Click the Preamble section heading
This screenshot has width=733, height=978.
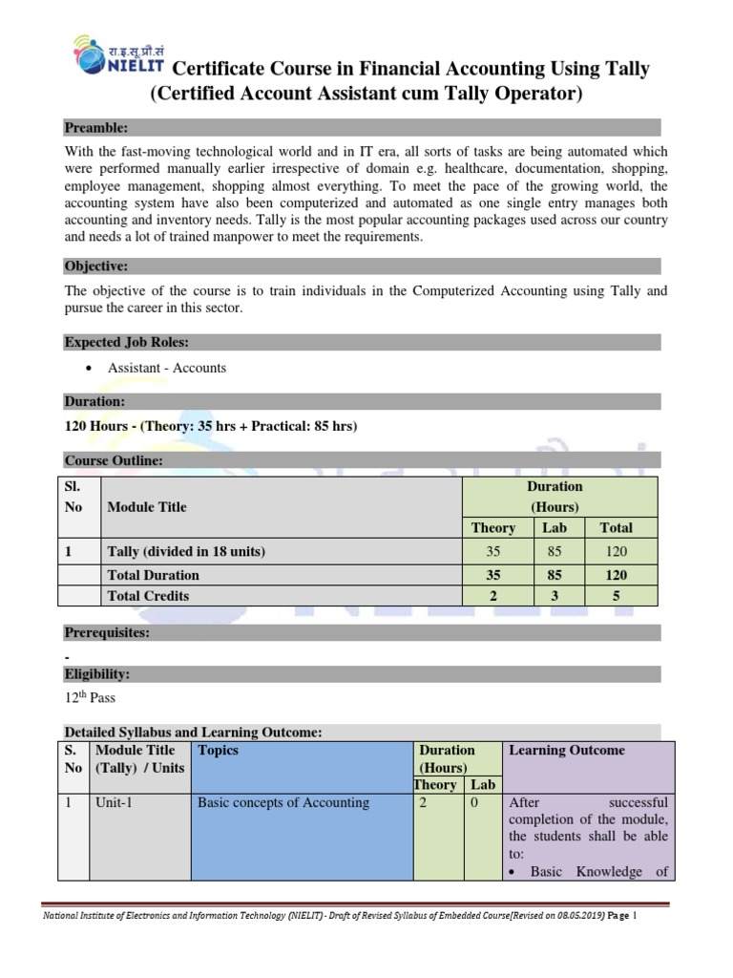95,127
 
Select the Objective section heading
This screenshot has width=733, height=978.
95,266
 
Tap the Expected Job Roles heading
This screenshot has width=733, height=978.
126,342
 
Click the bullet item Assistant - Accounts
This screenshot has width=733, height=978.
167,368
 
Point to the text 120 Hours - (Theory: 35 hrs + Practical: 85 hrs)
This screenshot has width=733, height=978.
210,426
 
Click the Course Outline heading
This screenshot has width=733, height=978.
114,460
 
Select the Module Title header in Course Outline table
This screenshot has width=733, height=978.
147,507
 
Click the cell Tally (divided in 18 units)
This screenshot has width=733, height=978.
186,551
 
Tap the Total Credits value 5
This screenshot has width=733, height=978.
616,595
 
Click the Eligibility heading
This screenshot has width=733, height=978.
96,674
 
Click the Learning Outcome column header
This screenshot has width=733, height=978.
567,751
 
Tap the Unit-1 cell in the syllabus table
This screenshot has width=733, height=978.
114,803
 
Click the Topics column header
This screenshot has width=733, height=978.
218,751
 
